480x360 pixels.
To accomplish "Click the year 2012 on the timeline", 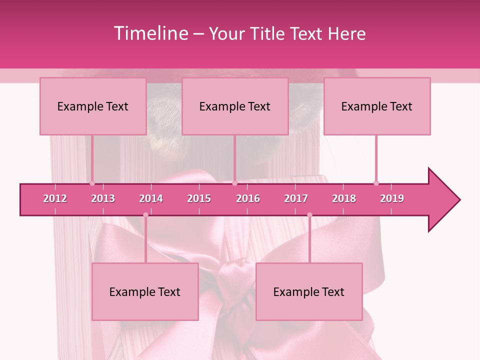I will (55, 198).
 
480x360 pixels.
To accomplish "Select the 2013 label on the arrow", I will (103, 198).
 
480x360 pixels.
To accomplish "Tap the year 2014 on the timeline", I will (151, 198).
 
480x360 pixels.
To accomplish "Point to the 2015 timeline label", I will (199, 198).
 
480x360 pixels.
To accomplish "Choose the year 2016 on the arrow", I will (248, 198).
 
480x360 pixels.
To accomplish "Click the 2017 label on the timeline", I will (296, 198).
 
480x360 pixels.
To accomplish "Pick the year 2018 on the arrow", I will (344, 198).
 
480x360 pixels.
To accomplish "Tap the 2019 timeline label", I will (392, 198).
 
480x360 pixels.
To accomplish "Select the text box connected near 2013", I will (93, 106).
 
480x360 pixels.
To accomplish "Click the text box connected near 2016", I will (235, 106).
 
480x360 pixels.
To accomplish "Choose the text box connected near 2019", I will (377, 106).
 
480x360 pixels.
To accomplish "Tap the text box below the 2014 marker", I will (145, 291).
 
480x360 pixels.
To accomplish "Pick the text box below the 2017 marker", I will (309, 291).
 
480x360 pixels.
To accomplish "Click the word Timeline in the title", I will (150, 33).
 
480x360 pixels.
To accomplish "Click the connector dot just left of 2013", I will (92, 183).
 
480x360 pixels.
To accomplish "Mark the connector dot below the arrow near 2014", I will (145, 215).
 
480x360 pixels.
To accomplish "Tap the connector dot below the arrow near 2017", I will (309, 215).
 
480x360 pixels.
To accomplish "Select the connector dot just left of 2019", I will (376, 183).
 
